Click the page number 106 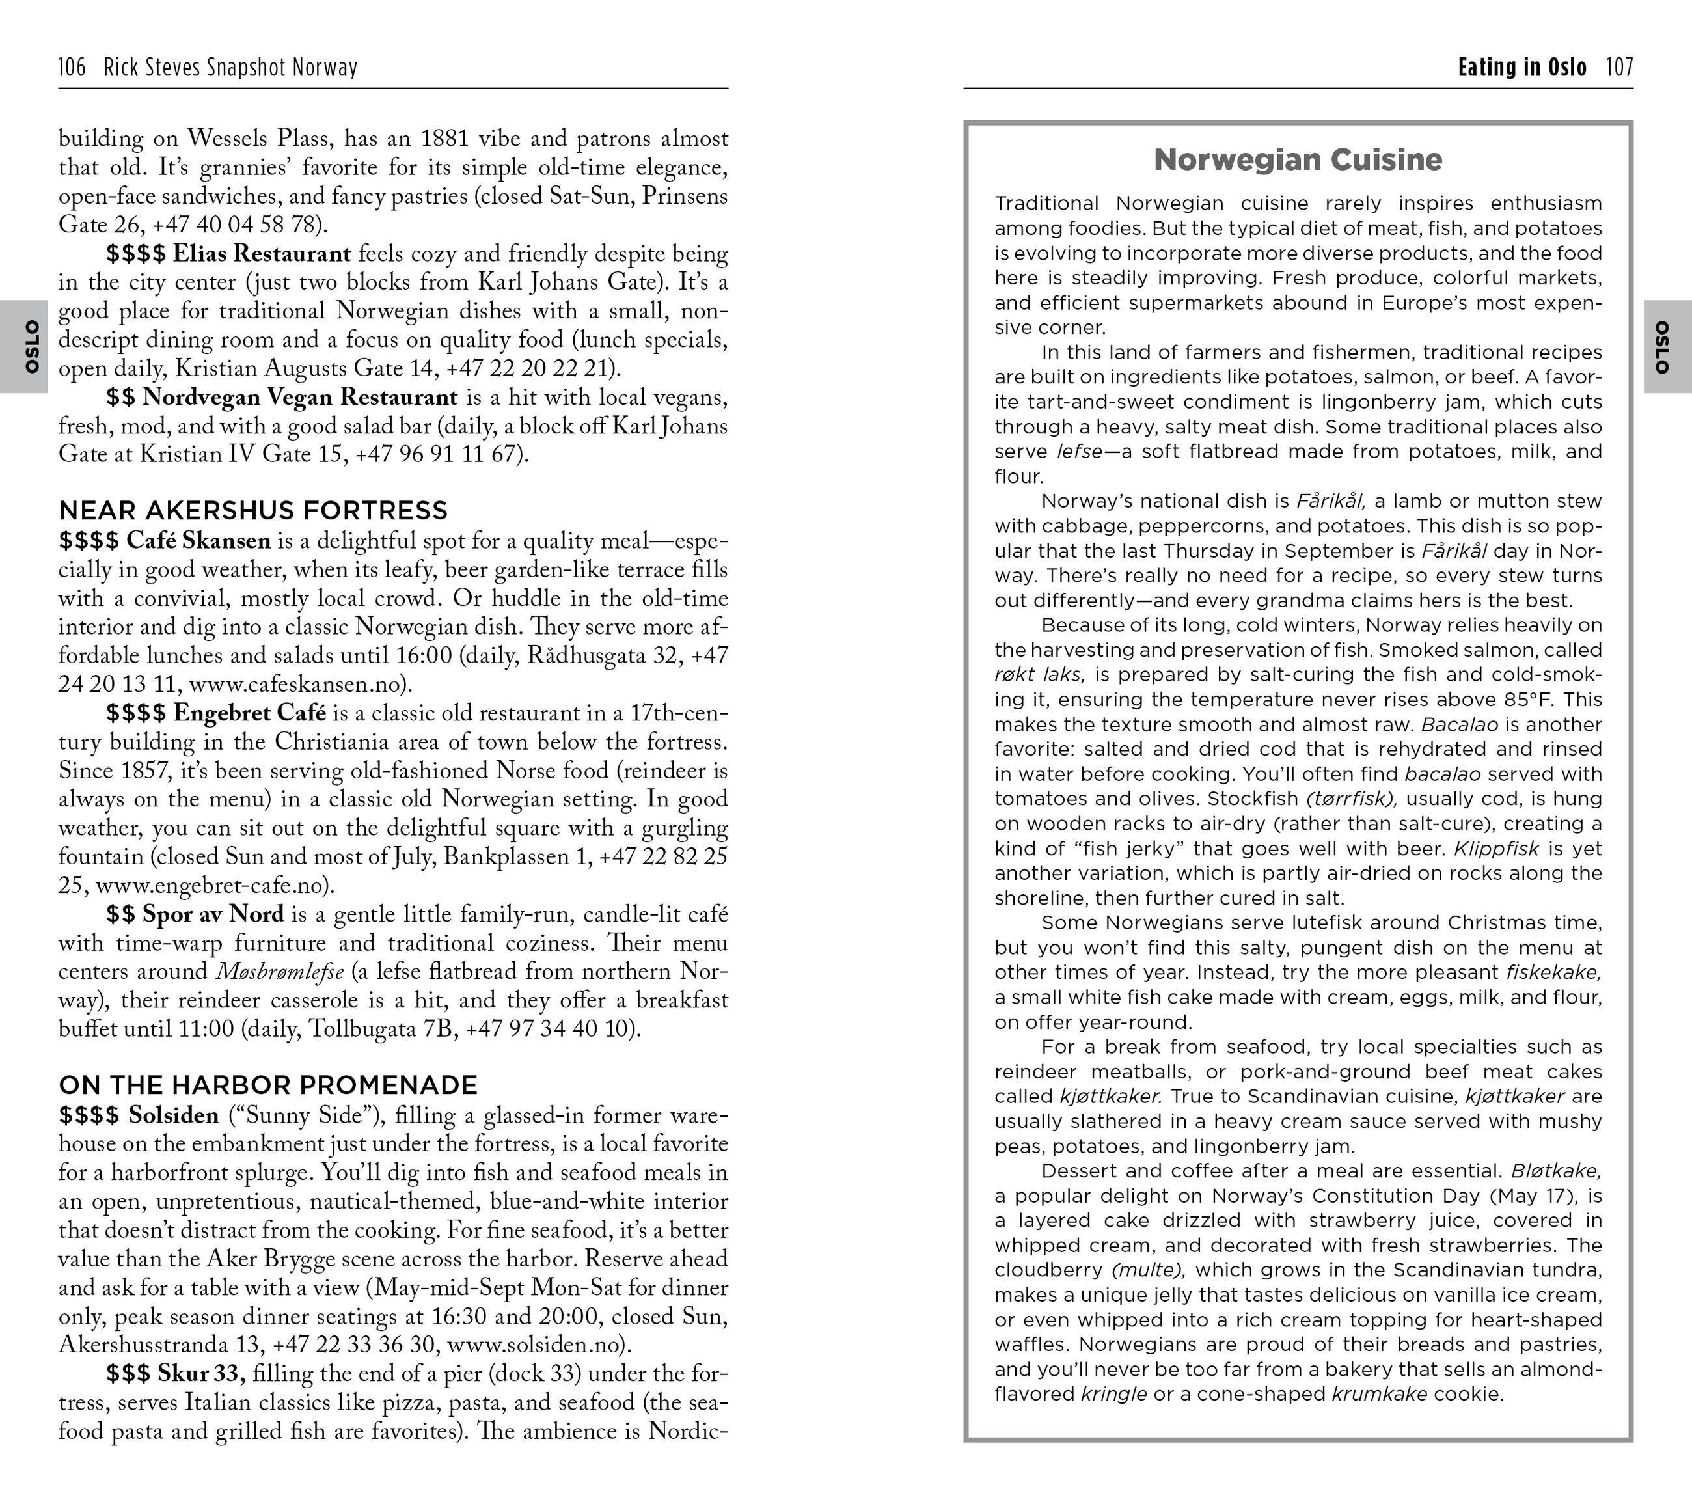pyautogui.click(x=72, y=67)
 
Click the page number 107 pyautogui.click(x=1619, y=67)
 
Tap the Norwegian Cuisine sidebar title pyautogui.click(x=1297, y=159)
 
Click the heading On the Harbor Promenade pyautogui.click(x=268, y=1084)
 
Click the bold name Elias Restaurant pyautogui.click(x=262, y=253)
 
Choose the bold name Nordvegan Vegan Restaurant pyautogui.click(x=299, y=398)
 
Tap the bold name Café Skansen pyautogui.click(x=198, y=541)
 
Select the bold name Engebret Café pyautogui.click(x=249, y=713)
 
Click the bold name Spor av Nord pyautogui.click(x=213, y=914)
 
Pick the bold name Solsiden pyautogui.click(x=174, y=1115)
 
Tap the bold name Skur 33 pyautogui.click(x=201, y=1373)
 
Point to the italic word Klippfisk pyautogui.click(x=1496, y=849)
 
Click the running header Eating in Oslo pyautogui.click(x=1521, y=67)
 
